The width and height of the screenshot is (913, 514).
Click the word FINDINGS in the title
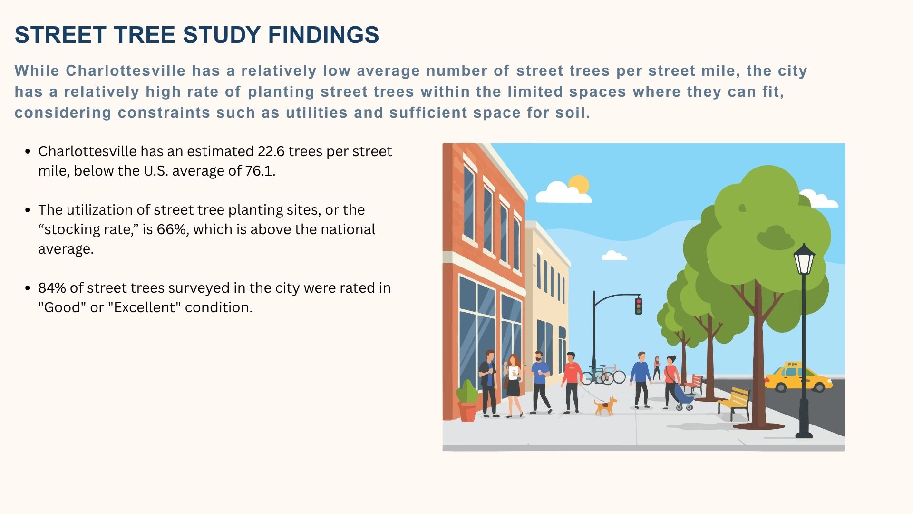(x=323, y=35)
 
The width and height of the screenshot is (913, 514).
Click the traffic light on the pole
(x=639, y=306)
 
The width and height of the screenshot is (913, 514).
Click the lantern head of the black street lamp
(x=804, y=259)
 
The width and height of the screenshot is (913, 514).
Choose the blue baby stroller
(x=684, y=397)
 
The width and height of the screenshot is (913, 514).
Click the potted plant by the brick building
(x=467, y=401)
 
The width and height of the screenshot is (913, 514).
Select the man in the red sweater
(x=571, y=382)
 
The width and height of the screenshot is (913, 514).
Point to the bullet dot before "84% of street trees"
(x=28, y=288)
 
